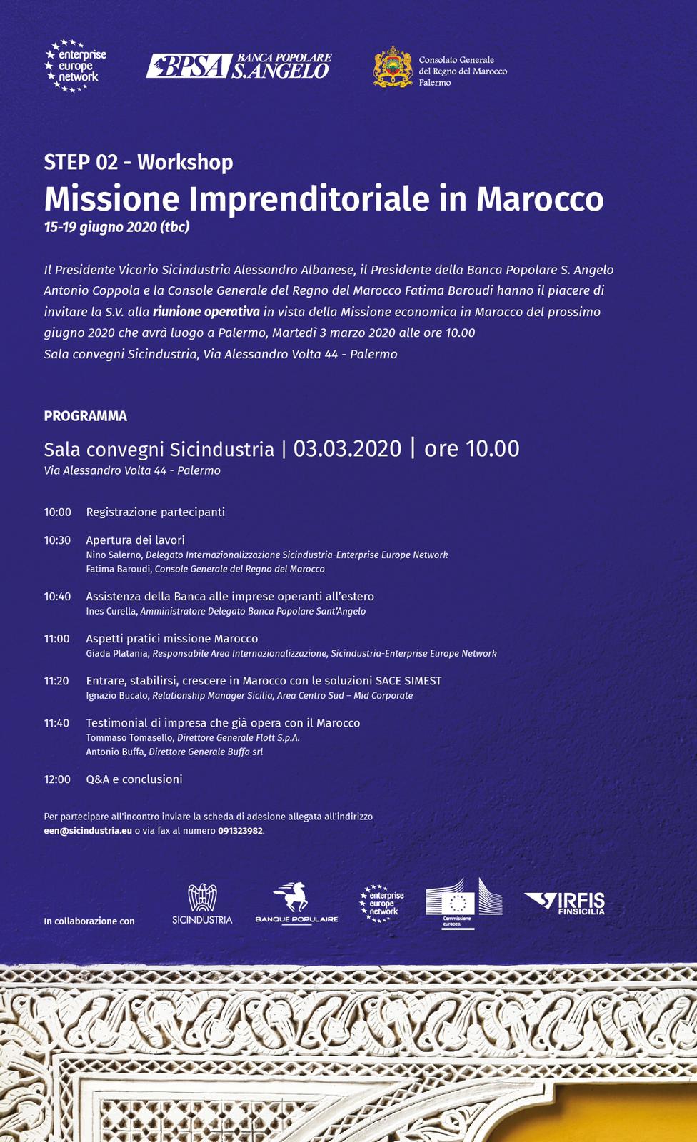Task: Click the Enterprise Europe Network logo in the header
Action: point(75,66)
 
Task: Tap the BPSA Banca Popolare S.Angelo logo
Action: point(239,66)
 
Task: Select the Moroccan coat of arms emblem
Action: point(393,67)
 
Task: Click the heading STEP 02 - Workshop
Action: point(139,162)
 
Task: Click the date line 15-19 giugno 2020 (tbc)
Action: point(116,227)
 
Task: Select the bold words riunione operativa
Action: point(206,312)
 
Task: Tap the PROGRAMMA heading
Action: point(85,416)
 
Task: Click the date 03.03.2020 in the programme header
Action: point(347,449)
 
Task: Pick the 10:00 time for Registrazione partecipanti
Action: point(57,512)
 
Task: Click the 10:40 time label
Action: point(57,596)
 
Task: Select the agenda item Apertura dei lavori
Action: point(135,540)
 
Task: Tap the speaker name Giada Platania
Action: point(118,653)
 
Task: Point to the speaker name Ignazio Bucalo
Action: point(118,695)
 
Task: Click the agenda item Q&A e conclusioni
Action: point(134,779)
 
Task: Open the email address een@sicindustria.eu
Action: point(88,831)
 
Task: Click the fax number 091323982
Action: point(240,831)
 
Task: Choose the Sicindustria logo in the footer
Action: point(202,904)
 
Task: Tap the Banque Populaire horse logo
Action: point(296,903)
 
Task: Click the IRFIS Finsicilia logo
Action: point(565,903)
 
